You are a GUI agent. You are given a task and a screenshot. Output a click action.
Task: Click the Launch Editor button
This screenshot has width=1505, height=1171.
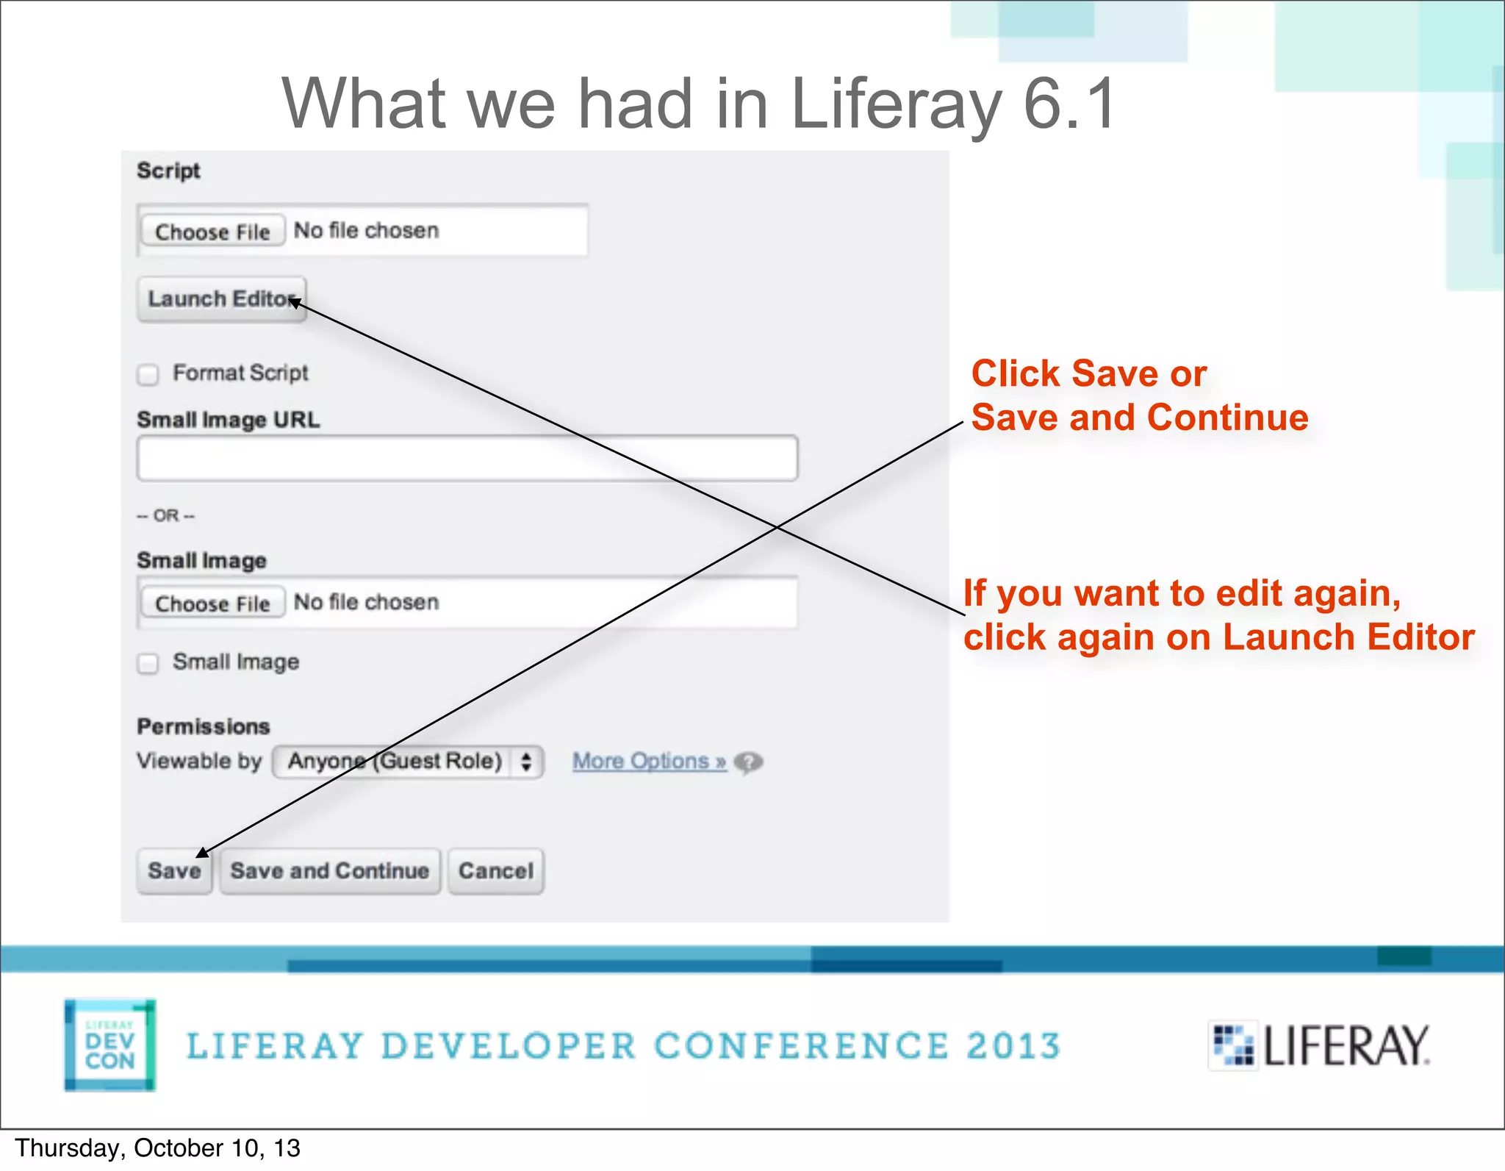click(221, 299)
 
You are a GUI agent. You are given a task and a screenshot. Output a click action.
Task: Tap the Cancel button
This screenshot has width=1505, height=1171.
click(496, 871)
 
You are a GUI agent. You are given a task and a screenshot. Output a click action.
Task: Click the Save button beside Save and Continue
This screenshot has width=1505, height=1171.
click(174, 871)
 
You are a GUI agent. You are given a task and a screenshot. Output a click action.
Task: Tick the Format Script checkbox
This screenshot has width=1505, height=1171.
click(148, 375)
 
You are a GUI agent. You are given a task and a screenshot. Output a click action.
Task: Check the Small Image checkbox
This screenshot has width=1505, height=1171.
click(148, 664)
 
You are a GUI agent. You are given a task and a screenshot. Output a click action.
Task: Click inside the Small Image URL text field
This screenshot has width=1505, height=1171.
click(467, 459)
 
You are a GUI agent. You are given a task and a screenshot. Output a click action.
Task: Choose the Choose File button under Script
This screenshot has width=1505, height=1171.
click(212, 232)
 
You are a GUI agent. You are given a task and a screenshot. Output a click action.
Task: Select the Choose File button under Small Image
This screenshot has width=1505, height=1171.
click(212, 604)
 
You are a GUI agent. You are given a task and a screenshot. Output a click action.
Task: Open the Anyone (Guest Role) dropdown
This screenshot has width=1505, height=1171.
click(408, 762)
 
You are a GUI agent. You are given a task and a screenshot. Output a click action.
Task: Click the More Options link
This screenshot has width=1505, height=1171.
click(649, 762)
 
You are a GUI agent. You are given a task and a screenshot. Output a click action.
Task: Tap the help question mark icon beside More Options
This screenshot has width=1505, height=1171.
click(749, 762)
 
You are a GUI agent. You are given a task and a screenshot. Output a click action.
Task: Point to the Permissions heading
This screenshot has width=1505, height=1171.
click(204, 727)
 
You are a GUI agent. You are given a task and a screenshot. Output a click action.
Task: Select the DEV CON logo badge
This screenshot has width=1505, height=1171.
click(110, 1045)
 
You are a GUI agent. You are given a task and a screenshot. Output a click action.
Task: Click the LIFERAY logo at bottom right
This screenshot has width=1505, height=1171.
click(1320, 1045)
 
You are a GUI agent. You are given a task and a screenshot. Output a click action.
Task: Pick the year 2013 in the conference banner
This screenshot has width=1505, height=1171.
click(1013, 1046)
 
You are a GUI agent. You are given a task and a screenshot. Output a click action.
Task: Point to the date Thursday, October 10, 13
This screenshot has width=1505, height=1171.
click(157, 1148)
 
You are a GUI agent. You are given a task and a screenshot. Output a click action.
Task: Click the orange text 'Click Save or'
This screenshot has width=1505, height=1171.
click(1088, 373)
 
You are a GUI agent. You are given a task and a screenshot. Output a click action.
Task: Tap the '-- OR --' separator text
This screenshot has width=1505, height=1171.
click(166, 516)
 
